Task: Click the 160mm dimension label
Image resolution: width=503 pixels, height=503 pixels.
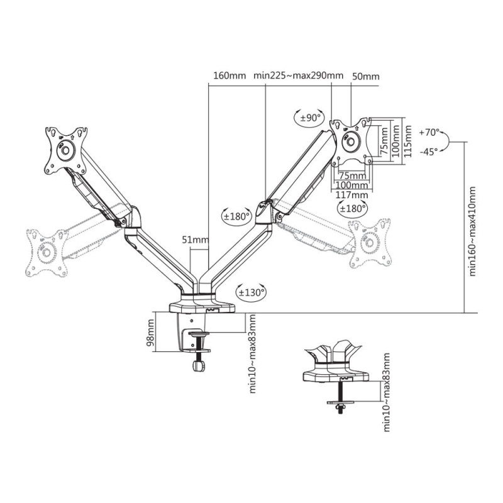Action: coord(229,76)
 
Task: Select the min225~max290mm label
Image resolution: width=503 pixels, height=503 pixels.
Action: coord(299,76)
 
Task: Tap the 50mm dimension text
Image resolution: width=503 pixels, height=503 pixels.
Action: coord(366,76)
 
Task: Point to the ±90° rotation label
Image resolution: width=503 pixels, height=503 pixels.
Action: coord(311,118)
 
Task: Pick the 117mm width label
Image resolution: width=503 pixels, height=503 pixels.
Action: coord(351,196)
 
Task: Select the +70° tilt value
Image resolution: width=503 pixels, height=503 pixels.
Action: coord(430,133)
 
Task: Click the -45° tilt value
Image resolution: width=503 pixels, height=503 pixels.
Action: coord(429,151)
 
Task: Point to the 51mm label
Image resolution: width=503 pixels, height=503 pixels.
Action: coord(195,240)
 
